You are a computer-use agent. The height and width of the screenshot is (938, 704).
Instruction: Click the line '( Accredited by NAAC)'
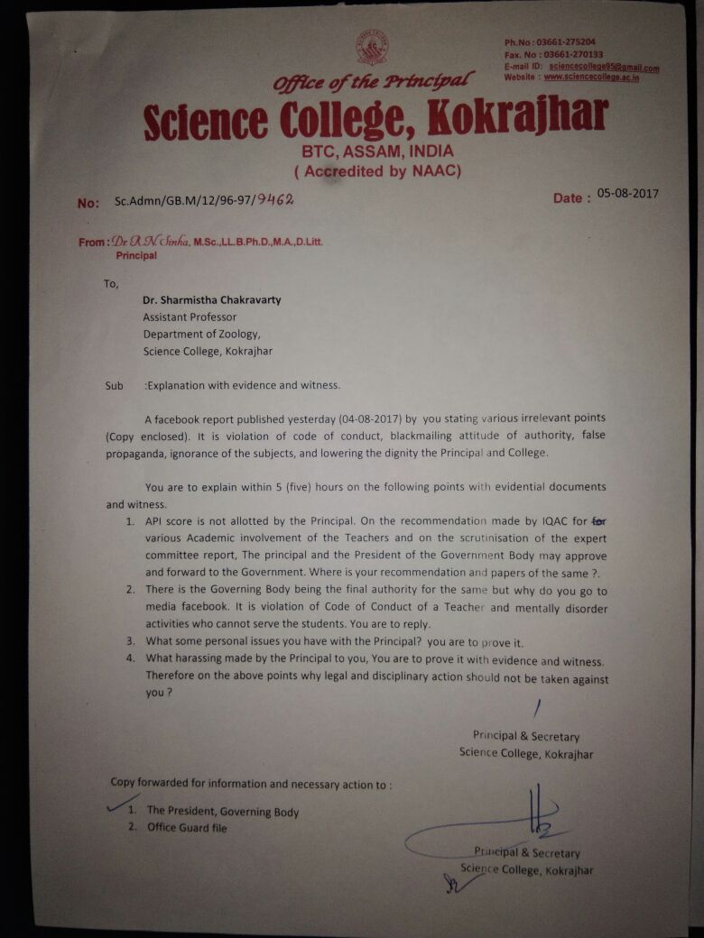(378, 170)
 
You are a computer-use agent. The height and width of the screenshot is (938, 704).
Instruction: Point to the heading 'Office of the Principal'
(374, 81)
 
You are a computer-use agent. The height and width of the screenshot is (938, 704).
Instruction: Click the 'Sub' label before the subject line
(114, 386)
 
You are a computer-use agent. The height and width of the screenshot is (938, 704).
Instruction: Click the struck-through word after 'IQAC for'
(597, 521)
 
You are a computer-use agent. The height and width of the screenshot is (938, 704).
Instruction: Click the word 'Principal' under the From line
(136, 255)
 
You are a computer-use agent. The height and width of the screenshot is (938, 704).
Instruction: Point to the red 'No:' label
(88, 204)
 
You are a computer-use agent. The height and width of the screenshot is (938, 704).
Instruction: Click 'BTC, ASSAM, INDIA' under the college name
(378, 152)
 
